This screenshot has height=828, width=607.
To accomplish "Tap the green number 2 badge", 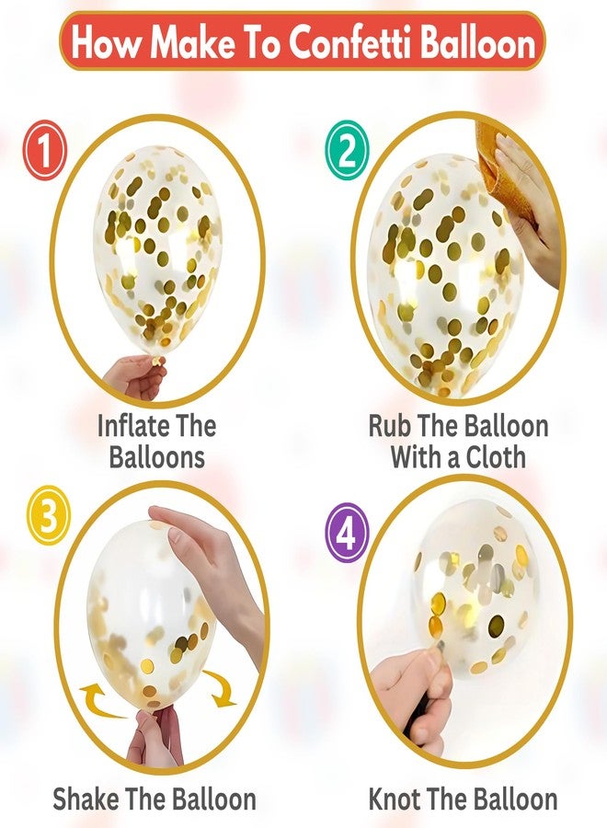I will pyautogui.click(x=345, y=150).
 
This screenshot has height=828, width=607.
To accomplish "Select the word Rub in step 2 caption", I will pyautogui.click(x=394, y=426).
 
